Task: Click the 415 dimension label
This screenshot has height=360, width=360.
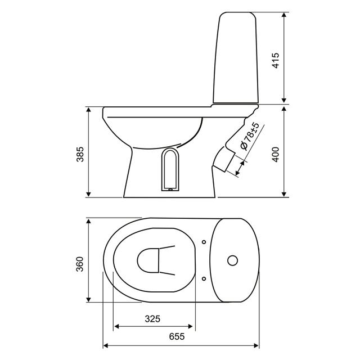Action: coord(276,60)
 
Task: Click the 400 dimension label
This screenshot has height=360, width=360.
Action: coord(276,154)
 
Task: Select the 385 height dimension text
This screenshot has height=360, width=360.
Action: coord(80,154)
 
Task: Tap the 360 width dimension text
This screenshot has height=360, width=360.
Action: coord(80,264)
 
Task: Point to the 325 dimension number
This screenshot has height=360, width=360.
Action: coord(152,319)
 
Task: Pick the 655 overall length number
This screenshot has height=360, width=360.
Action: coord(177,336)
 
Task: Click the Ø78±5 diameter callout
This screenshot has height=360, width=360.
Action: coord(250,136)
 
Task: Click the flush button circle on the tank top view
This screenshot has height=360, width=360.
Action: coord(232,260)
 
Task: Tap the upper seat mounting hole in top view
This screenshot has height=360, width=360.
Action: coord(204,242)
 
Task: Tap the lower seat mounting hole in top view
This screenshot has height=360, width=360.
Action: coord(204,279)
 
